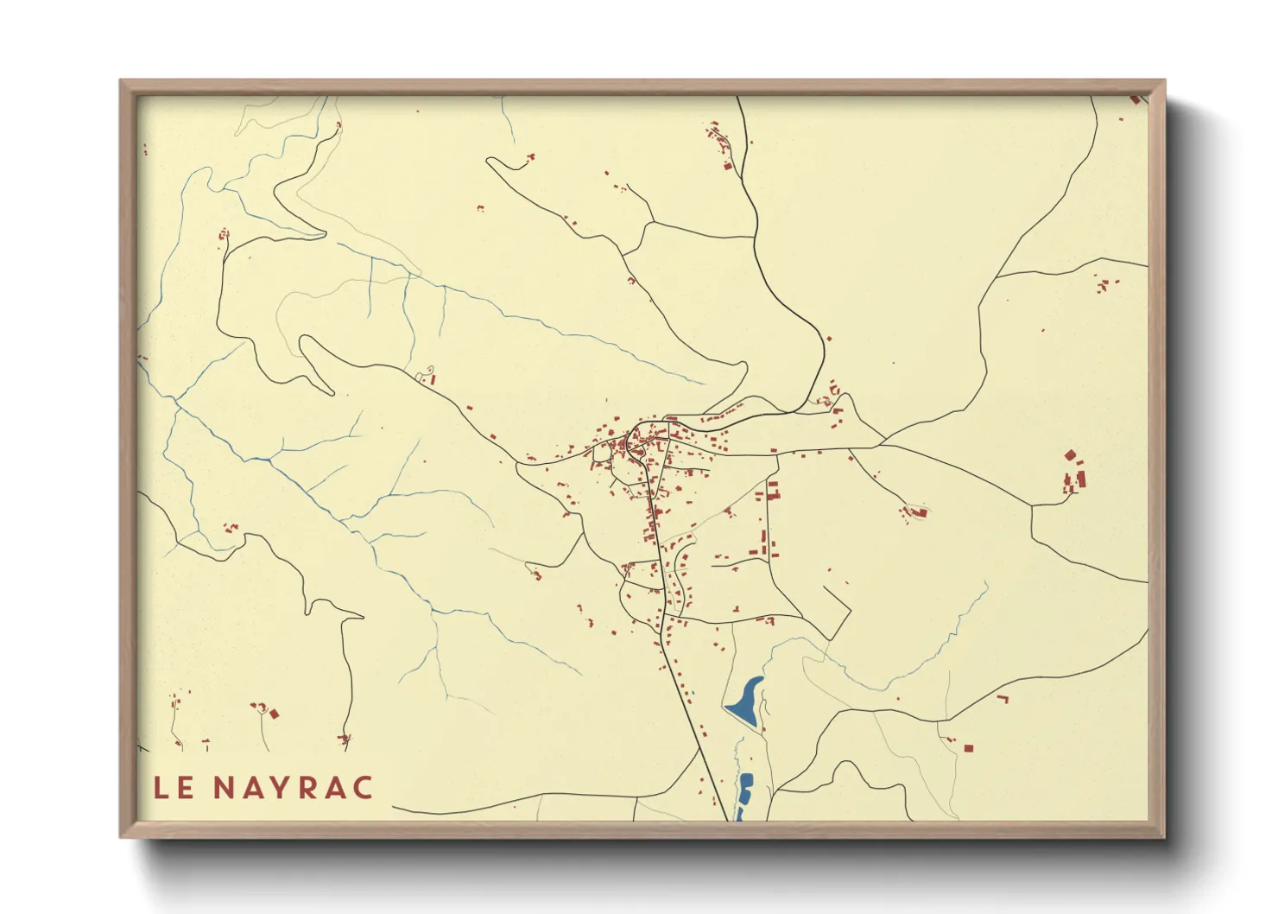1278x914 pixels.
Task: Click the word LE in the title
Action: pyautogui.click(x=174, y=788)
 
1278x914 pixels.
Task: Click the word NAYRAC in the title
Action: pyautogui.click(x=293, y=788)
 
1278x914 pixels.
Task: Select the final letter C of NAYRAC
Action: pyautogui.click(x=363, y=788)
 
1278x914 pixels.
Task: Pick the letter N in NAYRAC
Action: pyautogui.click(x=223, y=788)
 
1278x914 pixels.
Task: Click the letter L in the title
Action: pyautogui.click(x=161, y=788)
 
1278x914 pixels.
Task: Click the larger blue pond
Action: pyautogui.click(x=744, y=702)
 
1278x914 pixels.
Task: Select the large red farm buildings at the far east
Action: pyautogui.click(x=1073, y=473)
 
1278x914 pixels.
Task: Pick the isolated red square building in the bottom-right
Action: pyautogui.click(x=968, y=748)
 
